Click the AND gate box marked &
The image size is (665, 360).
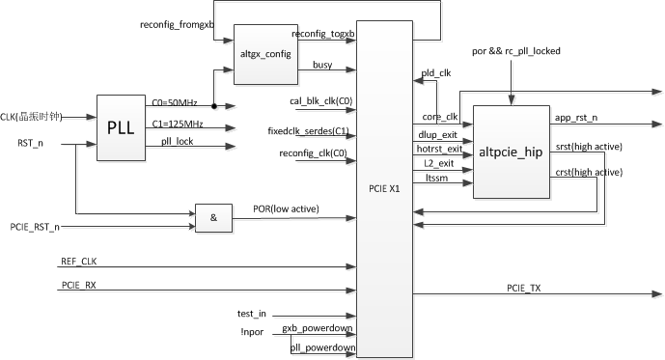[x=211, y=218]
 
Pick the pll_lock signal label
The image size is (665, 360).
[x=177, y=141]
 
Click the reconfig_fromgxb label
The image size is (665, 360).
[x=177, y=23]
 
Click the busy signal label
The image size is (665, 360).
[x=322, y=65]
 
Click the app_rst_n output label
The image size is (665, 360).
[x=575, y=118]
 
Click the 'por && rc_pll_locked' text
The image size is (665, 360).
[x=515, y=50]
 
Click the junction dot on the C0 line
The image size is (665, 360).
[x=213, y=106]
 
